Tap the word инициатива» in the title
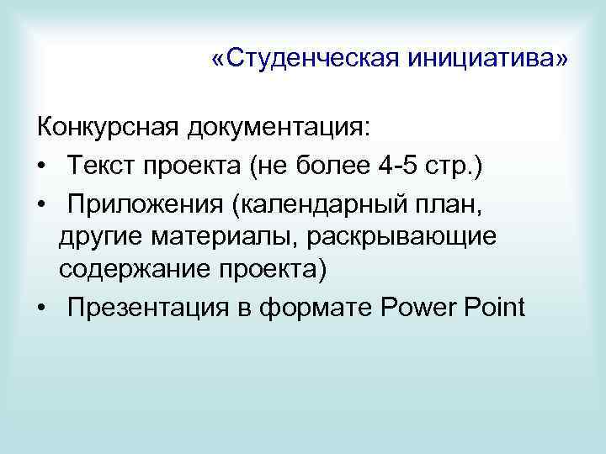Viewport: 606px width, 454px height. click(x=488, y=60)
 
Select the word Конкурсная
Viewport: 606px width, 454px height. click(x=109, y=128)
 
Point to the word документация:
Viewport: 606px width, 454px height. click(x=279, y=128)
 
